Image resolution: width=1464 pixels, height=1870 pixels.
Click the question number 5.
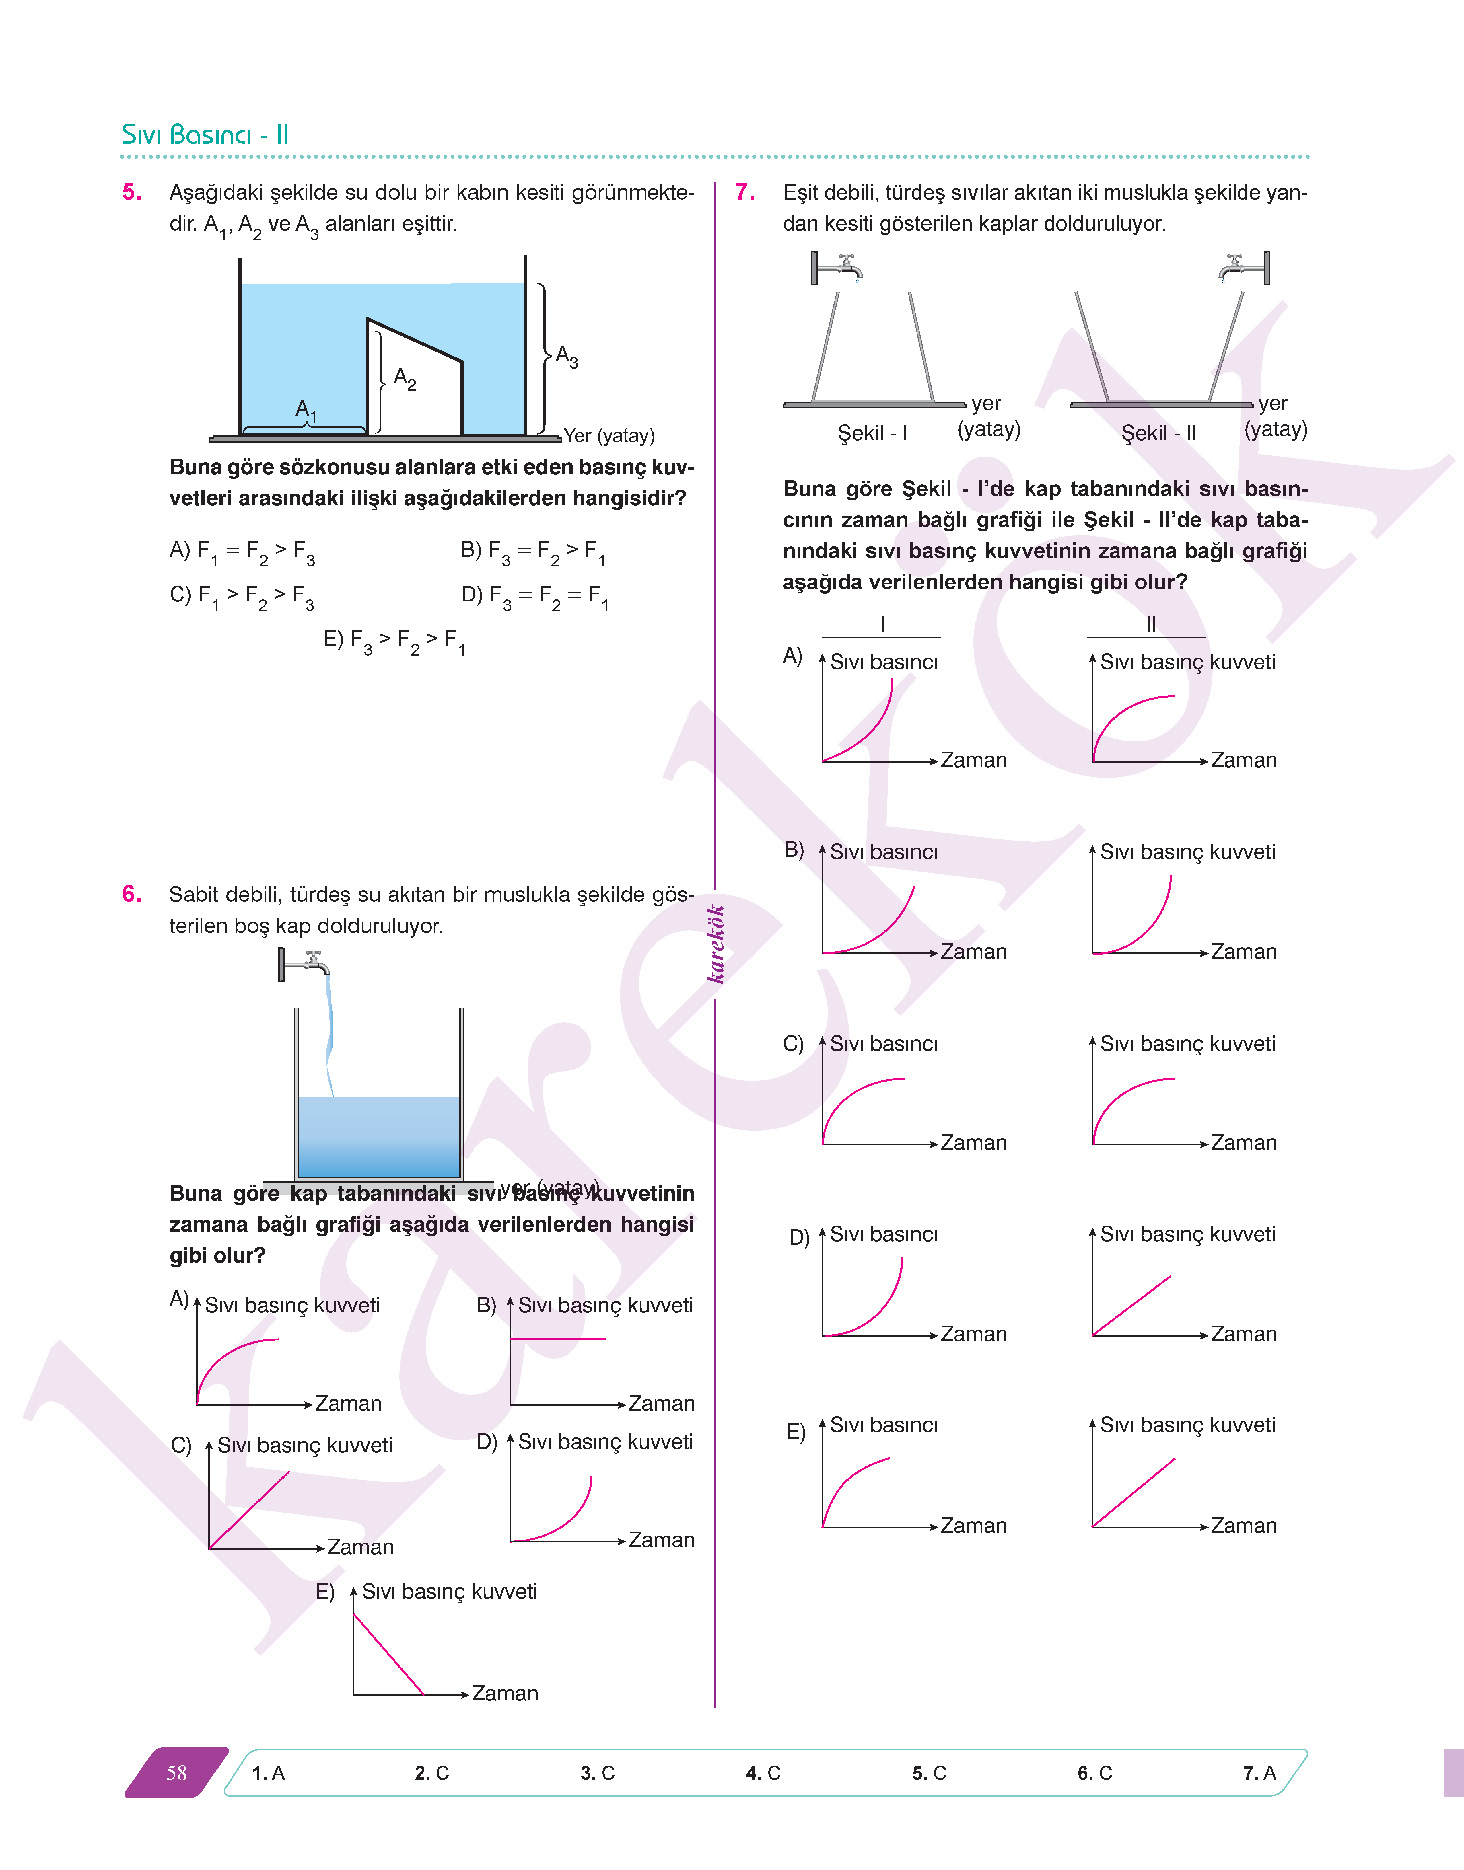(x=131, y=192)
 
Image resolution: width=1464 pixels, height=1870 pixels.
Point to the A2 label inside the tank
(x=405, y=378)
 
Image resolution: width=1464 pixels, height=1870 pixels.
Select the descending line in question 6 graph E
(x=388, y=1654)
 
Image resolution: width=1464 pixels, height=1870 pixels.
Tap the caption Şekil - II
(x=1159, y=434)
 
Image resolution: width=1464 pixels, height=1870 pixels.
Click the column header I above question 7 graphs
(x=882, y=624)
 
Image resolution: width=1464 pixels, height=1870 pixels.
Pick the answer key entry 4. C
(x=763, y=1773)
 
